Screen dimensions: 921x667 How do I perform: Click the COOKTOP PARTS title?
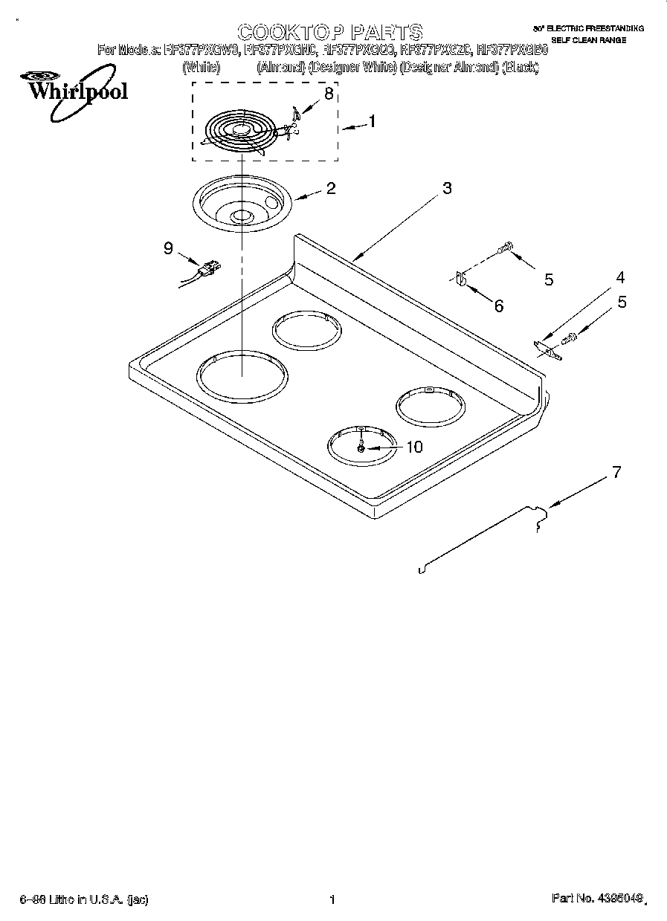[329, 32]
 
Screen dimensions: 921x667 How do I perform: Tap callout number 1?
[372, 121]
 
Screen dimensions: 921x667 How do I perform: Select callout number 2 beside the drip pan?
[330, 188]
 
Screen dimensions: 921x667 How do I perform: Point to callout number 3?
[446, 189]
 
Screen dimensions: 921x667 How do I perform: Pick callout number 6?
[498, 306]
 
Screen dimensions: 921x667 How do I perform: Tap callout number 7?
[615, 471]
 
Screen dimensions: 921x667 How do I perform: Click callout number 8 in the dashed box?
[328, 94]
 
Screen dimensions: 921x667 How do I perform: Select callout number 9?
[168, 249]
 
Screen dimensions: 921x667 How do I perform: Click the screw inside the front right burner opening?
[361, 448]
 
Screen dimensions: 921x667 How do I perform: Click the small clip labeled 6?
[460, 279]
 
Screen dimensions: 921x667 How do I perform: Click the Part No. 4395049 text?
[596, 899]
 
